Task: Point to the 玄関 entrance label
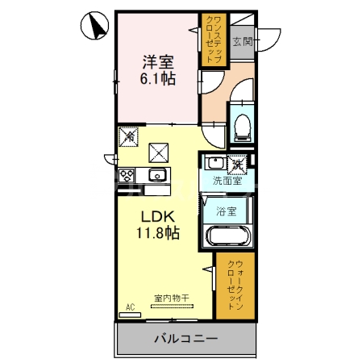pos(242,41)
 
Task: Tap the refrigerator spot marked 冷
pos(128,137)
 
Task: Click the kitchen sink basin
pos(156,175)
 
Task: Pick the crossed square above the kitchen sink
pos(159,150)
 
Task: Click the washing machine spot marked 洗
pos(239,164)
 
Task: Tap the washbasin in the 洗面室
pos(211,162)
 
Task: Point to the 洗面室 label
pos(227,182)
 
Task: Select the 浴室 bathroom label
pos(227,211)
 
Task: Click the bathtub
pos(228,237)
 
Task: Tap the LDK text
pos(158,216)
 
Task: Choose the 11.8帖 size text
pos(158,233)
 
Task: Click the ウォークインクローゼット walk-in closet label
pos(235,286)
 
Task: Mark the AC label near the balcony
pos(129,307)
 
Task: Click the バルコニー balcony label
pos(185,340)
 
